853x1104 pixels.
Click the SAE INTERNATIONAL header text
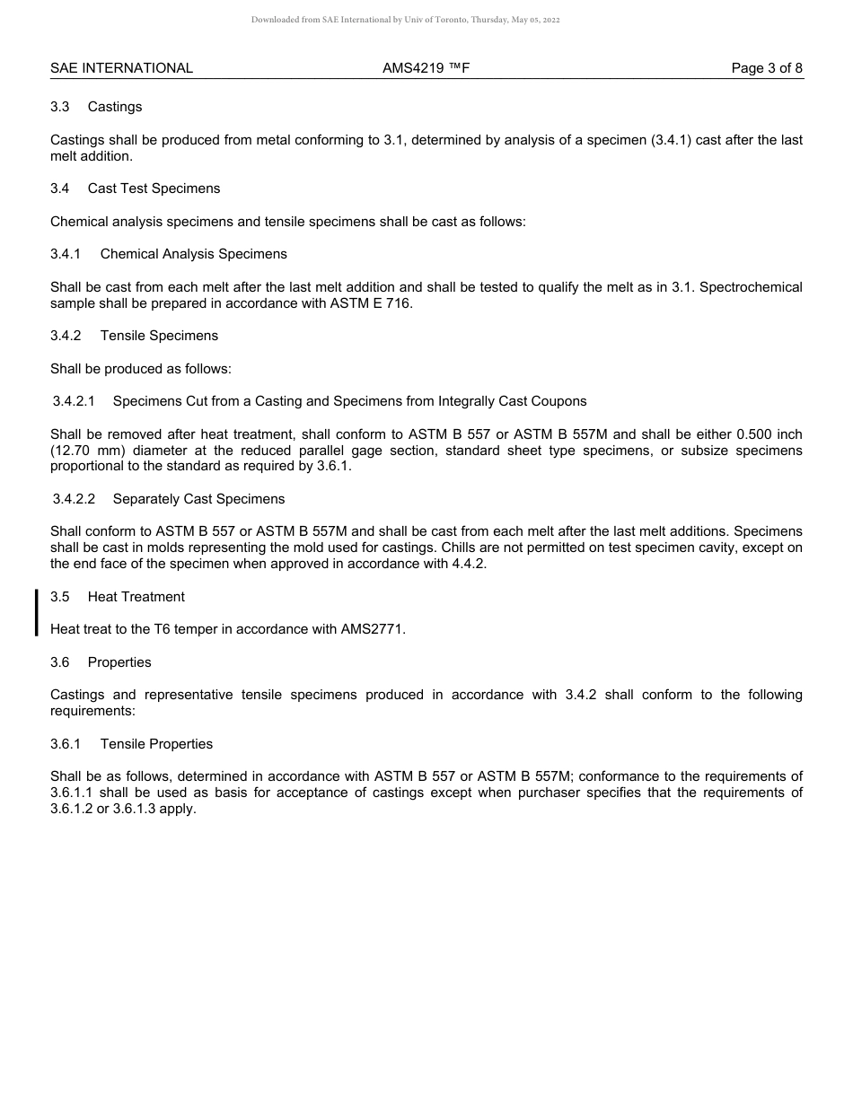click(121, 68)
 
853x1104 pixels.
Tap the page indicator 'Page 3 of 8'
click(767, 68)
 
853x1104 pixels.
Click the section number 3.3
click(60, 107)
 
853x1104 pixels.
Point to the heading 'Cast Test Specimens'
click(154, 188)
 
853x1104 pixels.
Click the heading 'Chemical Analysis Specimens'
click(194, 254)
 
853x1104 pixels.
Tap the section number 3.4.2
click(66, 336)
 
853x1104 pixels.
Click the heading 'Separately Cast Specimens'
click(198, 499)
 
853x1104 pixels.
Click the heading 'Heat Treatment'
click(136, 597)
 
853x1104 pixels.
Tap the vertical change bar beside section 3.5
click(37, 612)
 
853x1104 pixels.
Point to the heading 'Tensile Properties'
click(156, 744)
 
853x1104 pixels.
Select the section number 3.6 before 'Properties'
click(60, 662)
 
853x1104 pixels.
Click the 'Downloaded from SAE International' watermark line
click(406, 20)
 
